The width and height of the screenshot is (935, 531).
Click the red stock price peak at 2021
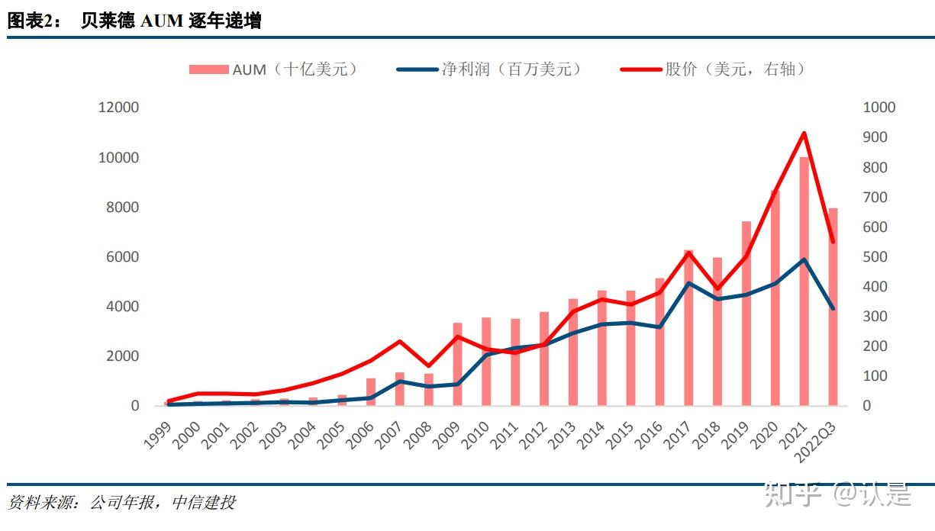(804, 134)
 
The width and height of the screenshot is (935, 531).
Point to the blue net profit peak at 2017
(688, 283)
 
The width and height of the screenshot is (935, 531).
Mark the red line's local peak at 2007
(400, 341)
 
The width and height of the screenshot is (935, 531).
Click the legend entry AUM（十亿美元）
(273, 69)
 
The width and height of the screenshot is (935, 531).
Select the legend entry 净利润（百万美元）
(489, 69)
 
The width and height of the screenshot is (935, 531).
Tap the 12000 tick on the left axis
(118, 108)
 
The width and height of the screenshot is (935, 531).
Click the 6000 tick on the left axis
(123, 257)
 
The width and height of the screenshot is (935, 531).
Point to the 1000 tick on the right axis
(879, 108)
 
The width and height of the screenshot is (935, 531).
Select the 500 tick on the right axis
(875, 257)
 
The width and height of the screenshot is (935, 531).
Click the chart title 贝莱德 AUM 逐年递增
(171, 21)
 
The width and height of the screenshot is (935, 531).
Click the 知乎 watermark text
(793, 494)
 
